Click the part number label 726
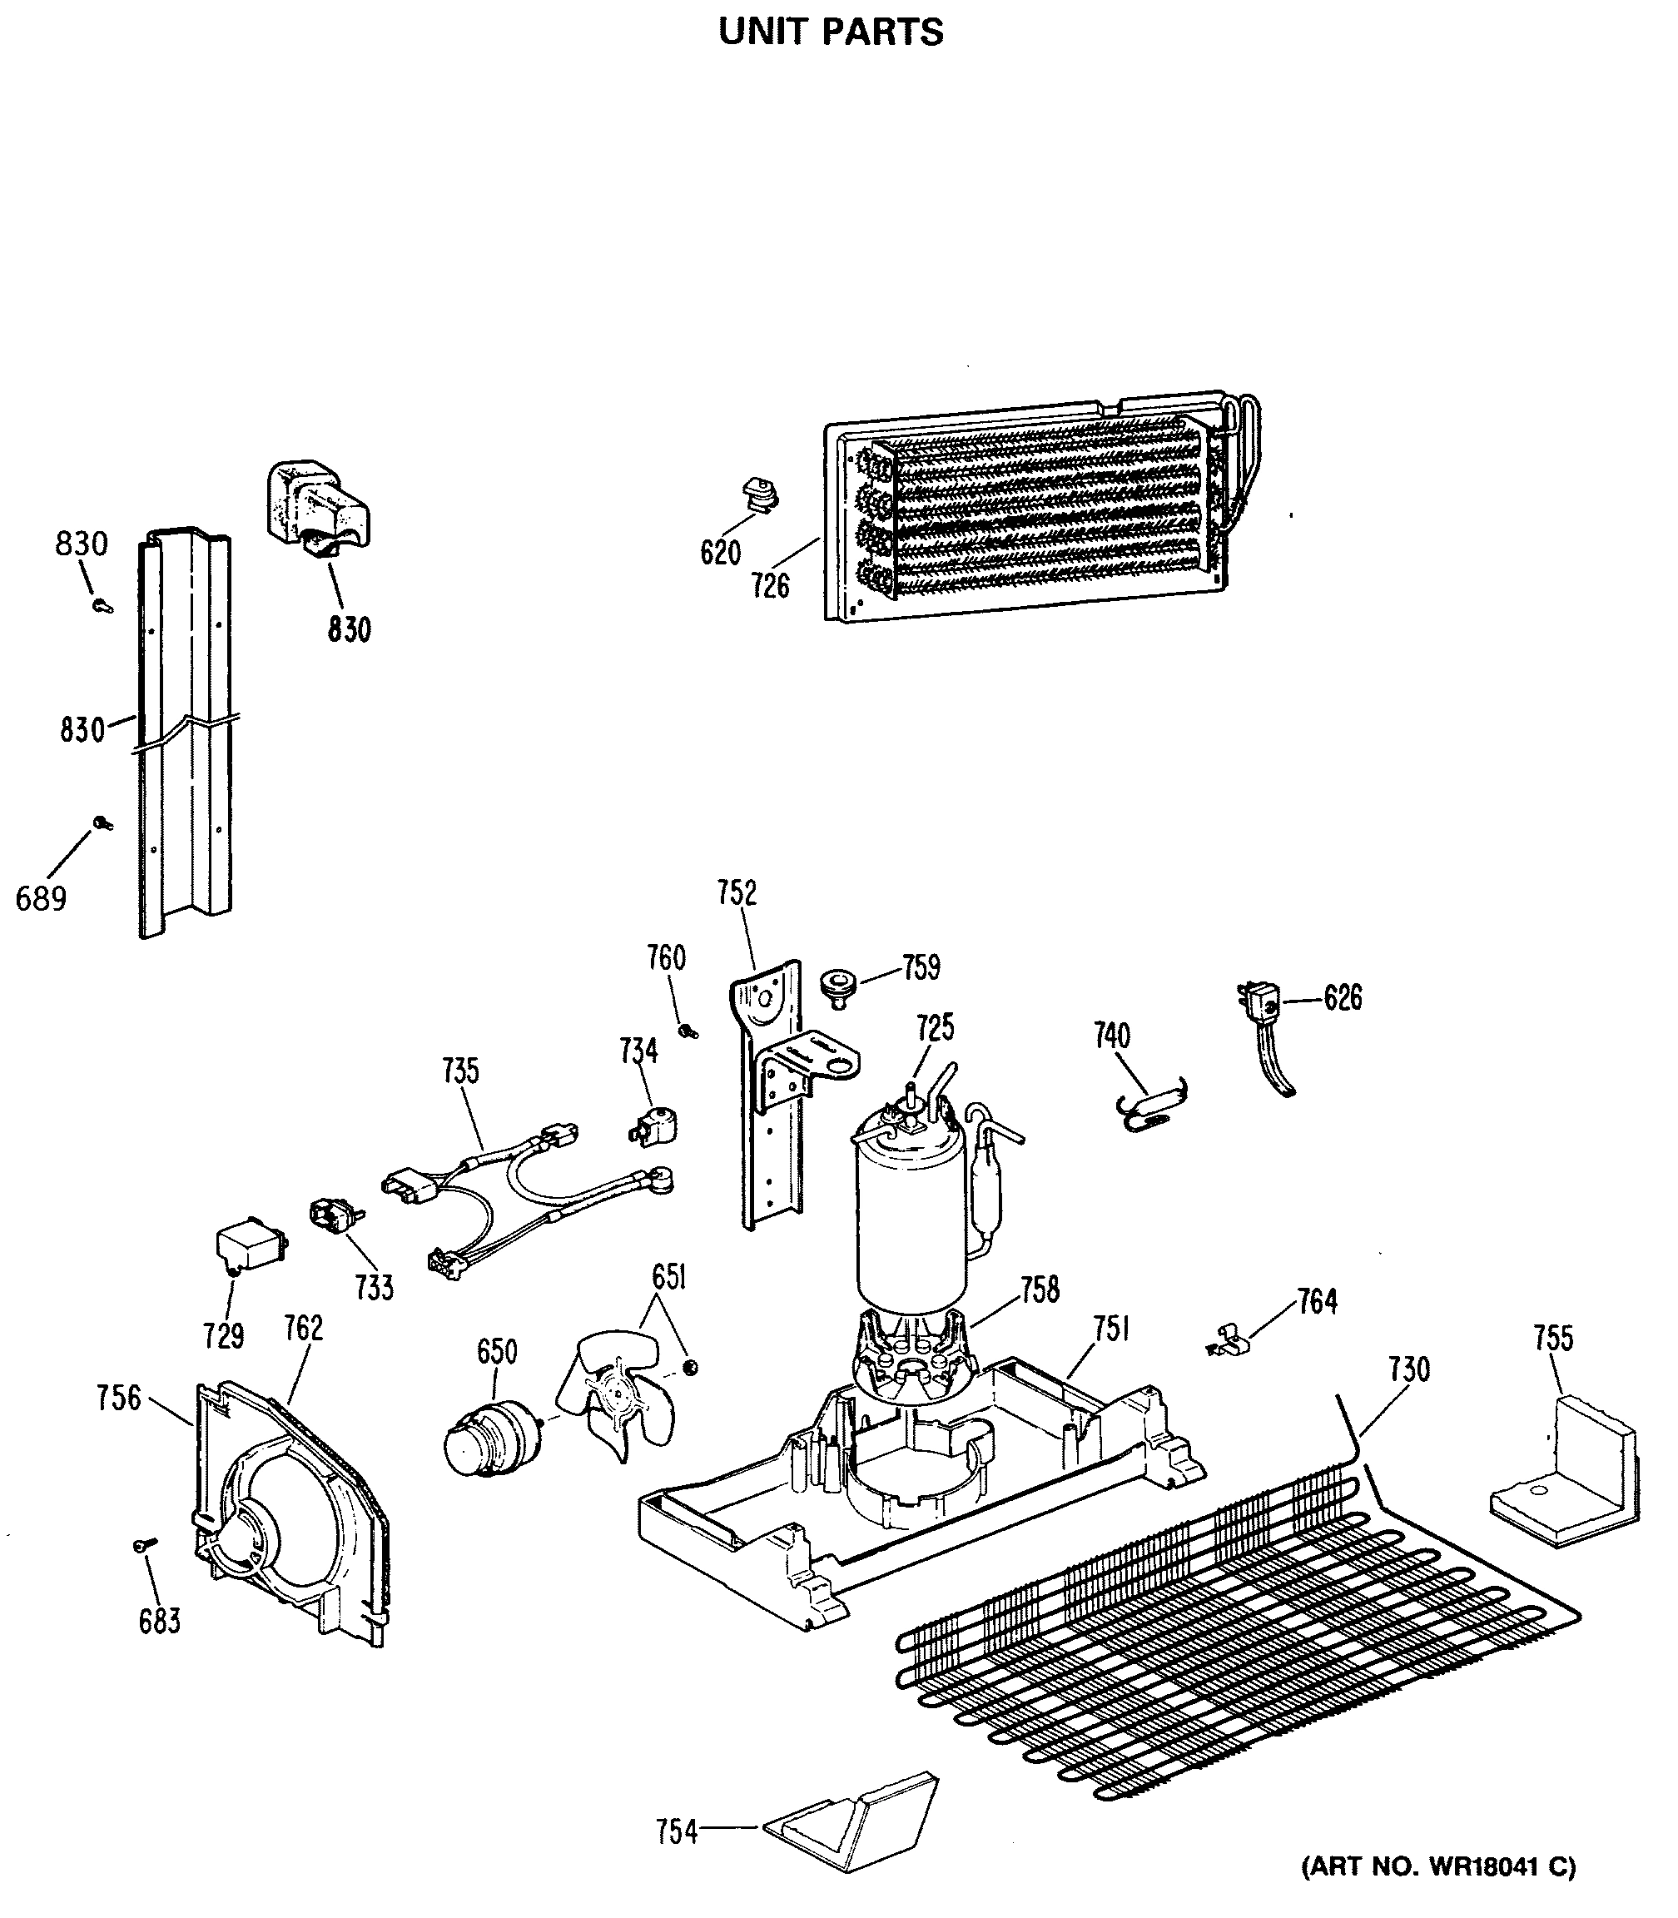tap(770, 586)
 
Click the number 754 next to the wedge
tap(677, 1831)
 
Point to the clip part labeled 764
tap(1229, 1340)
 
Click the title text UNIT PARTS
tap(831, 32)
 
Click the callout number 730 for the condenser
tap(1408, 1369)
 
